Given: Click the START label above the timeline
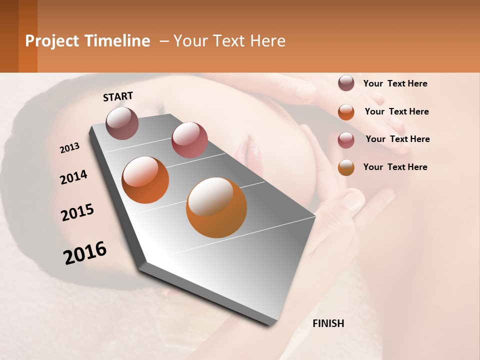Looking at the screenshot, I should [118, 96].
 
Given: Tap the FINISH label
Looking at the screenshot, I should [328, 323].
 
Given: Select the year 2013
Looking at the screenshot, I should [70, 148].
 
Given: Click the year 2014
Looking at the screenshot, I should [73, 177].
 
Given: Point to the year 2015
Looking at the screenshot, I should [77, 212].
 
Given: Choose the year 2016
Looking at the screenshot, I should [85, 252].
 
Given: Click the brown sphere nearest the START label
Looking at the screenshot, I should [122, 123].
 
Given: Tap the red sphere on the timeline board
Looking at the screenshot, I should [189, 139].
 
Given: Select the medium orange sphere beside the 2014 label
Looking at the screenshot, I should [145, 179].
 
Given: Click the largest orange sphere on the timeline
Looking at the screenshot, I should [216, 207].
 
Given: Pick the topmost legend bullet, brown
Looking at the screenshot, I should [346, 83].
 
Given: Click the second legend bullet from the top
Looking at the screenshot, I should [346, 112].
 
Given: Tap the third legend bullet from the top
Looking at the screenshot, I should [346, 140].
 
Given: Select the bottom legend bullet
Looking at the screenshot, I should [346, 167].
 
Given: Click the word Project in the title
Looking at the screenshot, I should [52, 41].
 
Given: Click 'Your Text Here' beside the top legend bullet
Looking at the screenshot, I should [395, 83].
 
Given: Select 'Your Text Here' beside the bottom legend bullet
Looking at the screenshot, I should [395, 167].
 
